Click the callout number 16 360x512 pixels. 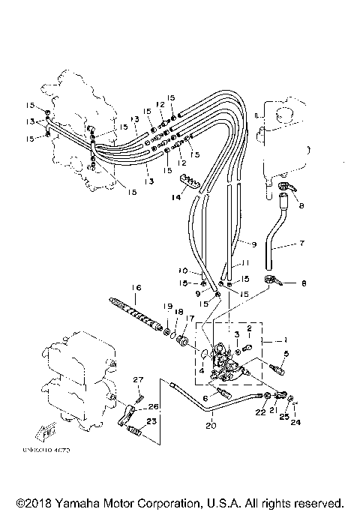click(x=136, y=287)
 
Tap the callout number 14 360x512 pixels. click(x=176, y=198)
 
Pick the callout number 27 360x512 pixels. click(x=137, y=380)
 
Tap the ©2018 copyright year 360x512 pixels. click(x=31, y=502)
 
